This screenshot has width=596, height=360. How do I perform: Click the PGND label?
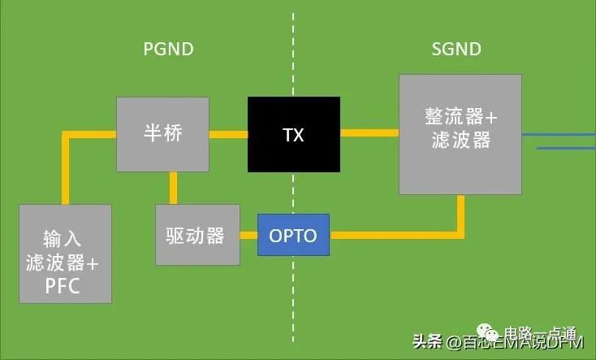[168, 50]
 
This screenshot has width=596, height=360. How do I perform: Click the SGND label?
[456, 50]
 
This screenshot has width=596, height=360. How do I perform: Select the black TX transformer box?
[294, 135]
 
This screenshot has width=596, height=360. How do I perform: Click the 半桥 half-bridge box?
[162, 134]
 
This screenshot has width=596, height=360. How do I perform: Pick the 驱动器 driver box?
[197, 235]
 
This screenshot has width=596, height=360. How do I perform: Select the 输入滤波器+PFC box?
[64, 254]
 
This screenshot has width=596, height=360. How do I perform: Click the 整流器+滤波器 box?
[460, 134]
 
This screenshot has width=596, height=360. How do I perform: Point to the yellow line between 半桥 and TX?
[228, 134]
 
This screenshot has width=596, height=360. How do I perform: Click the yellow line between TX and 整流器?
[369, 132]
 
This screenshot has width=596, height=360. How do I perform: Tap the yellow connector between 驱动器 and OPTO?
[249, 236]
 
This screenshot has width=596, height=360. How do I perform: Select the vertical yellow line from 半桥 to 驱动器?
[173, 188]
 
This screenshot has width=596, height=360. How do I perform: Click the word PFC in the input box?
[64, 285]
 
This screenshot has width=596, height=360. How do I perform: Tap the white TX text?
[294, 135]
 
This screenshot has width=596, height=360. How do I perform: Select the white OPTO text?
[294, 236]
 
